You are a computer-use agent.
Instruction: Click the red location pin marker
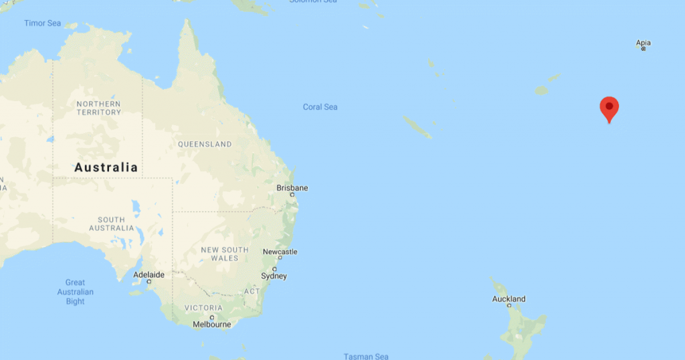tap(609, 108)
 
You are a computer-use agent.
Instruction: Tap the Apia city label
tap(643, 43)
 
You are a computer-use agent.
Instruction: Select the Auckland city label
tap(509, 299)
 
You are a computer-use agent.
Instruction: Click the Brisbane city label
tap(292, 188)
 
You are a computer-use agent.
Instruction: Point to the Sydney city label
tap(274, 276)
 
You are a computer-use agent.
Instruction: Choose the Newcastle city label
tap(280, 252)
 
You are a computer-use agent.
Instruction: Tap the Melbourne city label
tap(211, 325)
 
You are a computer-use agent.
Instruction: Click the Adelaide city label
tap(149, 274)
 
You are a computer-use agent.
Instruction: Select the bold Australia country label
tap(106, 167)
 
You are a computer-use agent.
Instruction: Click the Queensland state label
tap(205, 144)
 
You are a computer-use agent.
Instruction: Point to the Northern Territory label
tap(98, 108)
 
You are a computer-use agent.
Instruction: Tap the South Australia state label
tap(111, 223)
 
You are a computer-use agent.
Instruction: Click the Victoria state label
tap(204, 308)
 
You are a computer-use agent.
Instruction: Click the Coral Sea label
tap(320, 107)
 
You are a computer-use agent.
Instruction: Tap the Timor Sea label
tap(43, 23)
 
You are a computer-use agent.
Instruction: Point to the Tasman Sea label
tap(366, 356)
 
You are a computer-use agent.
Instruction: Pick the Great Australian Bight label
tap(76, 292)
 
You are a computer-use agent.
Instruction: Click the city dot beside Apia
tap(644, 49)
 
